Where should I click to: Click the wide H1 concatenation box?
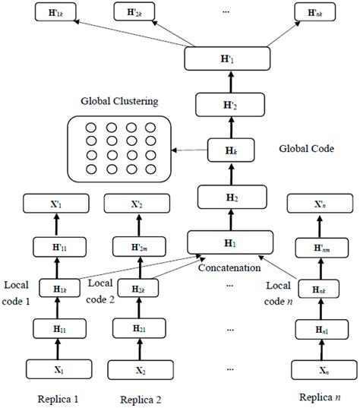(x=229, y=242)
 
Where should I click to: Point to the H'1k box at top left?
(x=43, y=13)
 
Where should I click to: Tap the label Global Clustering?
(x=116, y=101)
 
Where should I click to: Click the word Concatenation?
(x=229, y=267)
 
